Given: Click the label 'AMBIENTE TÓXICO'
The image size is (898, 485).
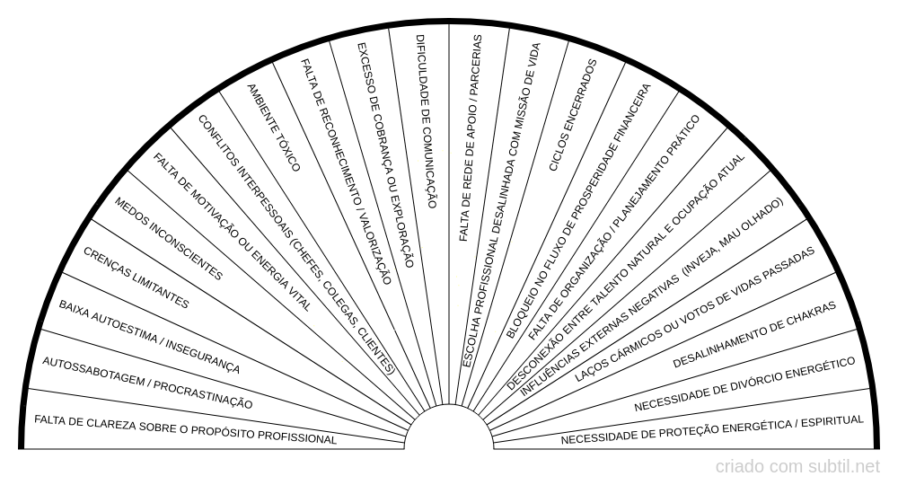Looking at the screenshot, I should click(273, 127).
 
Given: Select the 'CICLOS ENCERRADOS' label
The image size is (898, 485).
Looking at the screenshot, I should click(572, 115).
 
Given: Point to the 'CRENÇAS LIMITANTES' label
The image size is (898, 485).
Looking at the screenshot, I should click(136, 278).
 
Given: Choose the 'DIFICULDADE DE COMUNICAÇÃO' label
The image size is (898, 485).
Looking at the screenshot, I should click(426, 122).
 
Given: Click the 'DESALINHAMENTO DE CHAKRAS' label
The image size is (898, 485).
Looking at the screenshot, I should click(754, 335).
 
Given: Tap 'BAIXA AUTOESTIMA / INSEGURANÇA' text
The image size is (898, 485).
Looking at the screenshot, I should click(149, 338).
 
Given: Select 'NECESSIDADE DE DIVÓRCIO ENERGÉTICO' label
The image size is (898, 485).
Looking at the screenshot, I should click(744, 384).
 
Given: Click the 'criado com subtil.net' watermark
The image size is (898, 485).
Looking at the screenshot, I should click(797, 467).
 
